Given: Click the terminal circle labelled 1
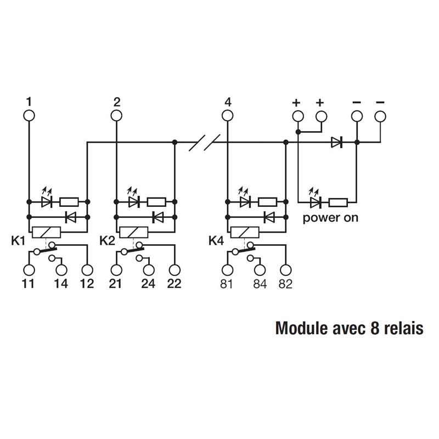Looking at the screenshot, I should tap(29, 116).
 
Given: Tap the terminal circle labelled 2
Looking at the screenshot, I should tap(116, 116).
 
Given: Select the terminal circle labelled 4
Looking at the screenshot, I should tap(227, 116).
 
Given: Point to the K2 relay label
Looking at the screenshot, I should tap(107, 240).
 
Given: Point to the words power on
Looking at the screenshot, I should tap(331, 217).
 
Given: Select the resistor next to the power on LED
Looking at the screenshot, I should tap(337, 202).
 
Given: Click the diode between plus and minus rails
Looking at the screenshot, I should tap(336, 143).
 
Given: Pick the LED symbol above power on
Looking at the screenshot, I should tap(316, 202).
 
